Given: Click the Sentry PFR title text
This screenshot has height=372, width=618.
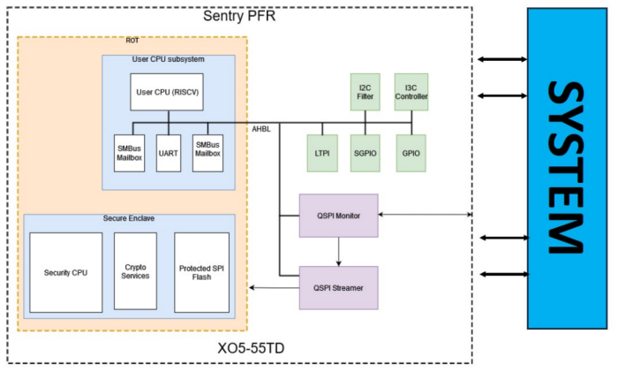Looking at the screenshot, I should tap(239, 16).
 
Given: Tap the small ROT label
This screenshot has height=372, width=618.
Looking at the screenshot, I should tap(132, 41).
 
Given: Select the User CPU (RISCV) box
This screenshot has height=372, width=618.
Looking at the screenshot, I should tap(168, 91).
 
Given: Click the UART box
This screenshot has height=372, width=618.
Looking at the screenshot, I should tap(169, 153).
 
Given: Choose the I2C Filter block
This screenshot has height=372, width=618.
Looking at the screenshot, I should tap(366, 93).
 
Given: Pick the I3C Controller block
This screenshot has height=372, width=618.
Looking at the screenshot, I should tap(411, 93).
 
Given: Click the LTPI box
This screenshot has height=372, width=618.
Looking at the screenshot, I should tap(321, 153).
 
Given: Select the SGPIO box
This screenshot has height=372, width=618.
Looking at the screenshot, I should tap(366, 153).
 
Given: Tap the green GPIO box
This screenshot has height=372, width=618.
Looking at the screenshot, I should tap(411, 153).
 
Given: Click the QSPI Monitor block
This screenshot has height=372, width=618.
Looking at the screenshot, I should tap(338, 215).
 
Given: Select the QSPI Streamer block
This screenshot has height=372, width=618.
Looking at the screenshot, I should tap(338, 287).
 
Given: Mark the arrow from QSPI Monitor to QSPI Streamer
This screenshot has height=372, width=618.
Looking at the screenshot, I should tap(338, 251).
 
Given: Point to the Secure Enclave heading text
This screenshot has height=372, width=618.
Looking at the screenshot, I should tap(129, 218).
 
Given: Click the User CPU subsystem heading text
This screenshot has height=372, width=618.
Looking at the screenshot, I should tap(168, 60).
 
